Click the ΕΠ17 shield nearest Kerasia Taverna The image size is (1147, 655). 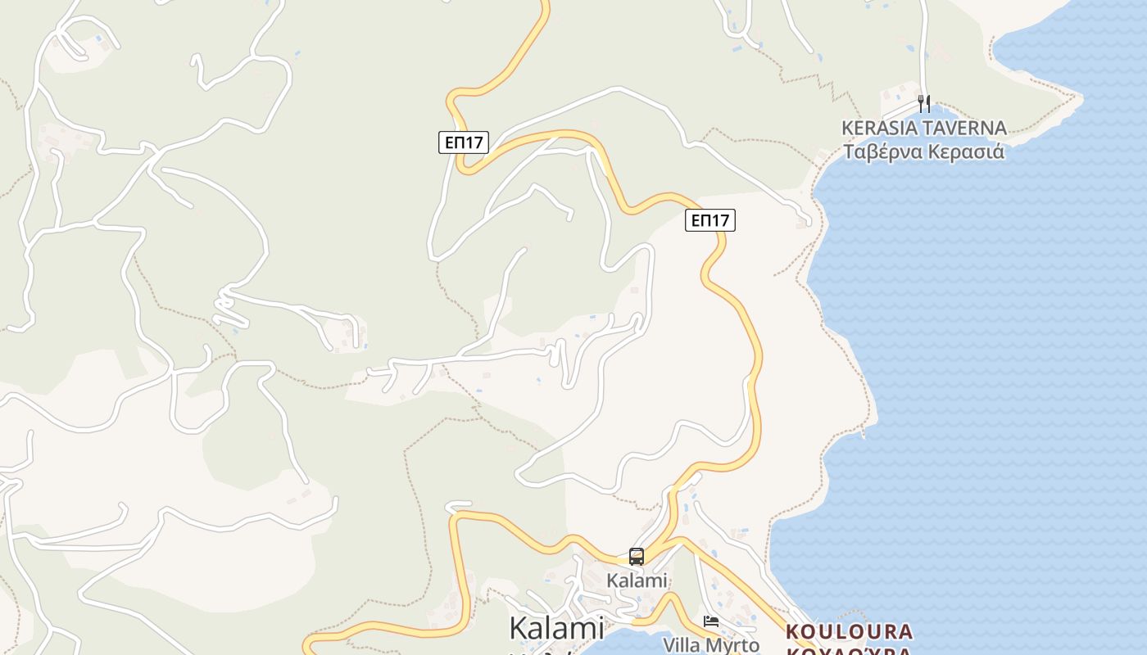pyautogui.click(x=710, y=220)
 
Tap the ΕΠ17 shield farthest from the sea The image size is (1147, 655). pyautogui.click(x=464, y=142)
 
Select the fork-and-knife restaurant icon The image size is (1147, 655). pyautogui.click(x=924, y=104)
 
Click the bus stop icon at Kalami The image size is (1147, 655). pyautogui.click(x=637, y=557)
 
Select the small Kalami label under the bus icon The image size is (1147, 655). pyautogui.click(x=637, y=580)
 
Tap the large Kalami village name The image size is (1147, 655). pyautogui.click(x=556, y=629)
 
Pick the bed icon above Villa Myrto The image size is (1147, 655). pyautogui.click(x=711, y=621)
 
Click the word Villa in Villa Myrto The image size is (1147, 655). pyautogui.click(x=682, y=645)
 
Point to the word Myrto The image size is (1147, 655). pyautogui.click(x=732, y=645)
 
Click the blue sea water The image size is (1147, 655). pyautogui.click(x=983, y=368)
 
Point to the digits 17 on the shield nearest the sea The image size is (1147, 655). pyautogui.click(x=720, y=220)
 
